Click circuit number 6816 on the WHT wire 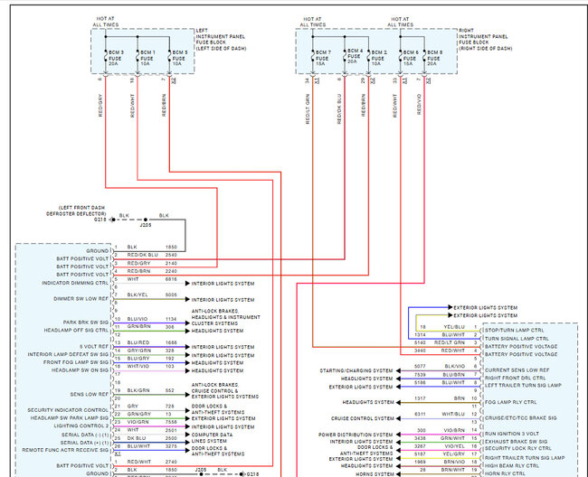tap(171, 279)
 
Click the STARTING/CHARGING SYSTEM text tap(356, 370)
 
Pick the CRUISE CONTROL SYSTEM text tap(362, 418)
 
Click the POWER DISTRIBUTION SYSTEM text tap(356, 434)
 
